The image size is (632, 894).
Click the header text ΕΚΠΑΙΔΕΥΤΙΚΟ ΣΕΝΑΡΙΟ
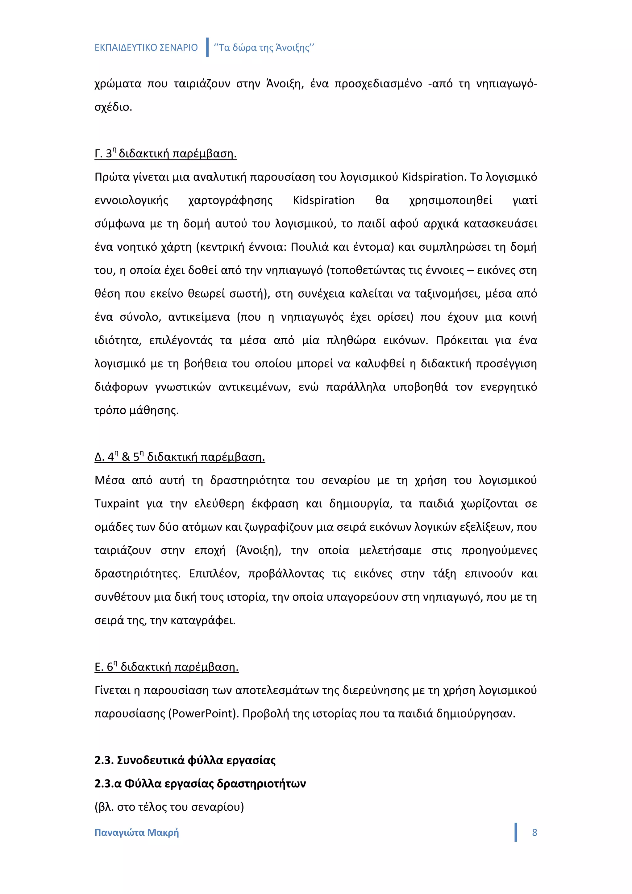click(146, 48)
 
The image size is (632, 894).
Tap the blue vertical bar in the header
click(207, 47)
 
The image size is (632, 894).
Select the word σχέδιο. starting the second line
click(113, 107)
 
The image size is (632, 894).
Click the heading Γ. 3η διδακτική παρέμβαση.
click(165, 154)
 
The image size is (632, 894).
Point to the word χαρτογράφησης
click(231, 201)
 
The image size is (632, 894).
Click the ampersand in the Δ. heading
click(126, 457)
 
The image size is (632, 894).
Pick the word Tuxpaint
click(117, 504)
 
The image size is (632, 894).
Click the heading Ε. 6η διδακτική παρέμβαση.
click(166, 667)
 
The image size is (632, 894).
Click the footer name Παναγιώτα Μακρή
click(137, 833)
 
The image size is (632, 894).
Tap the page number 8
click(534, 833)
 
